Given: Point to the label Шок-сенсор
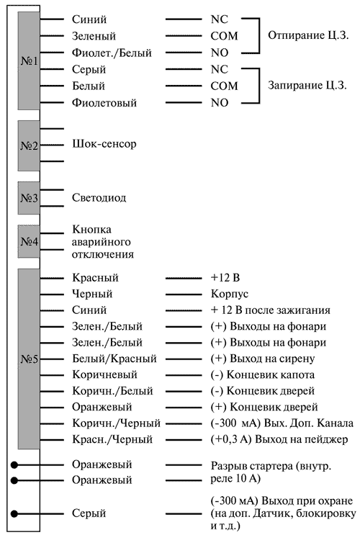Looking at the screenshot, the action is (x=104, y=143).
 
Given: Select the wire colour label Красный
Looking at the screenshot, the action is (x=95, y=277).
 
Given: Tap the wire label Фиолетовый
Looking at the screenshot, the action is (x=104, y=103).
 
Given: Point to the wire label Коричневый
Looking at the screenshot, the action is (x=104, y=374).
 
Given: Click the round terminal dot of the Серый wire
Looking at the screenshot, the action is (x=14, y=513).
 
